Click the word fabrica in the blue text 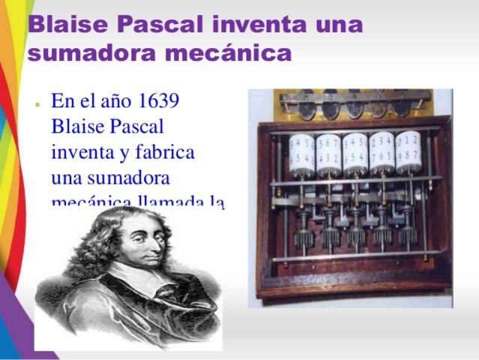165,152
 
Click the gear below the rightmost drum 408,235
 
